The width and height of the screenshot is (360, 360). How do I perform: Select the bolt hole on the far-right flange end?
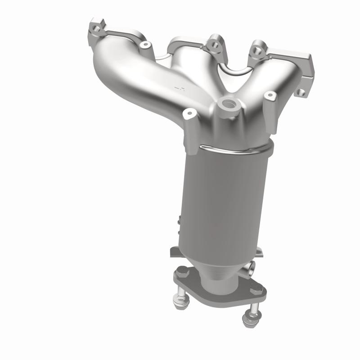301,92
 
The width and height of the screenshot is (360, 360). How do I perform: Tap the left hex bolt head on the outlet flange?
181,272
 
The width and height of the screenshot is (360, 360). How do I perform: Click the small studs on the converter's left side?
180,223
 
